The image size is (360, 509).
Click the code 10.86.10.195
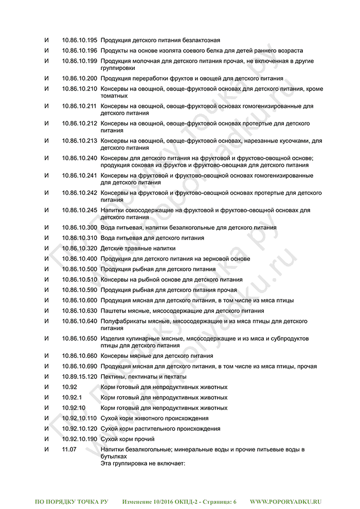pyautogui.click(x=79, y=40)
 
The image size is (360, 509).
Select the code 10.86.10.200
pyautogui.click(x=79, y=79)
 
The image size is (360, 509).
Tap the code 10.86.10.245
pyautogui.click(x=79, y=210)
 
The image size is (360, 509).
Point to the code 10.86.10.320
pyautogui.click(x=79, y=248)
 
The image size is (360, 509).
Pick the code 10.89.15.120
pyautogui.click(x=79, y=377)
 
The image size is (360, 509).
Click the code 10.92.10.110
pyautogui.click(x=79, y=419)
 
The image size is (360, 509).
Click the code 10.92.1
pyautogui.click(x=71, y=397)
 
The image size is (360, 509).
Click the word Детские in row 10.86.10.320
pyautogui.click(x=112, y=248)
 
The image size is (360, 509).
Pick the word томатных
pyautogui.click(x=114, y=96)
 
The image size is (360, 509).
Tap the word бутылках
pyautogui.click(x=113, y=456)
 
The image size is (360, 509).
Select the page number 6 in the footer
pyautogui.click(x=235, y=501)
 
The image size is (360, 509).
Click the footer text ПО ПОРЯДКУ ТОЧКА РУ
pyautogui.click(x=71, y=501)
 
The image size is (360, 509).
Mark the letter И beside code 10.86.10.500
pyautogui.click(x=46, y=269)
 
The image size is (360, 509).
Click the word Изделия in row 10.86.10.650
pyautogui.click(x=113, y=338)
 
